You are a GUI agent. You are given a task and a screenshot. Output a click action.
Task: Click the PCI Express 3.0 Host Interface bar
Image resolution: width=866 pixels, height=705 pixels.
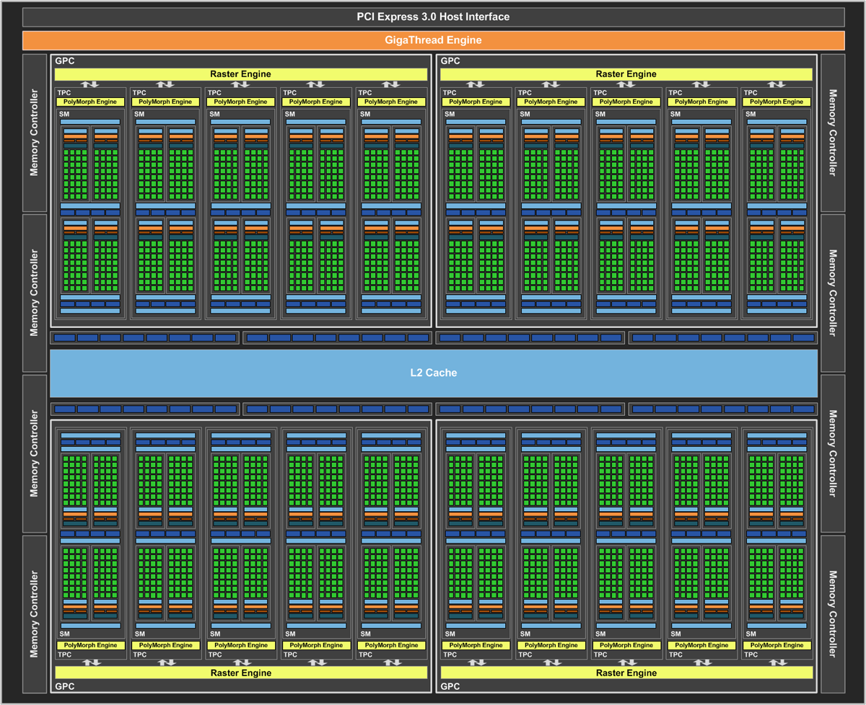coord(434,17)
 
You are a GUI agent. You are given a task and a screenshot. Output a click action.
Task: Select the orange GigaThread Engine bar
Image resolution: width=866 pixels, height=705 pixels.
coord(434,40)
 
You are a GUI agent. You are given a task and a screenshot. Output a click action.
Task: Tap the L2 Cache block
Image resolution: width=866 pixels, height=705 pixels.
coord(434,373)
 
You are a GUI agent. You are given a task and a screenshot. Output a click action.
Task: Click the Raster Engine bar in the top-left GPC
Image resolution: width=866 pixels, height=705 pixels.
coord(241,74)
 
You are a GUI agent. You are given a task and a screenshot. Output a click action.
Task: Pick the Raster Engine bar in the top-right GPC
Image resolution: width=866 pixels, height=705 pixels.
coord(626,74)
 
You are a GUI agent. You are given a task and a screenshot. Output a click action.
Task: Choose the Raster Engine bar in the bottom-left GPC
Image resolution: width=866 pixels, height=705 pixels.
coord(241,673)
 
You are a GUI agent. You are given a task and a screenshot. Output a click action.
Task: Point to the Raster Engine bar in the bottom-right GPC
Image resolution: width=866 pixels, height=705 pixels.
coord(626,673)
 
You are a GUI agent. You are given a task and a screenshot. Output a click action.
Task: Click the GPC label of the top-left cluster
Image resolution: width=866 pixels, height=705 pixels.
coord(65,61)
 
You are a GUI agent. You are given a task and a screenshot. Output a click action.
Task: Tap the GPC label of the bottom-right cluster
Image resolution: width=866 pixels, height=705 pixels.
coord(450,686)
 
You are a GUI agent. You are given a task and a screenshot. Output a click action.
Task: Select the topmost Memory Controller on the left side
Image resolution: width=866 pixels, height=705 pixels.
coord(35,133)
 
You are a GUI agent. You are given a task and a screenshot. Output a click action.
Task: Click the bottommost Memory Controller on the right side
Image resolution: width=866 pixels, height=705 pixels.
coord(833,614)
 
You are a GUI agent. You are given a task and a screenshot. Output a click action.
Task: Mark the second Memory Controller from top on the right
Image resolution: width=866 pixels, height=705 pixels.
coord(833,293)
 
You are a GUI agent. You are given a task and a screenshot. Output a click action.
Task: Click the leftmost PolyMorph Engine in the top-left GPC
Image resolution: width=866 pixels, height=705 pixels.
coord(90,102)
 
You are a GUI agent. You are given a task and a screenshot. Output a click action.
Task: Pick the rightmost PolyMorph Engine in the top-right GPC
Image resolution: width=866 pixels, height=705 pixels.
coord(777,102)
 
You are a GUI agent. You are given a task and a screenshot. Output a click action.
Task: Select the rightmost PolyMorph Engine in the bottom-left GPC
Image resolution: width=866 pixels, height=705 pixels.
coord(392,645)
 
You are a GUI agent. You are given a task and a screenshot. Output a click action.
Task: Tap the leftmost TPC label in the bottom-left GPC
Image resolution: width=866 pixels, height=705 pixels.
coord(65,655)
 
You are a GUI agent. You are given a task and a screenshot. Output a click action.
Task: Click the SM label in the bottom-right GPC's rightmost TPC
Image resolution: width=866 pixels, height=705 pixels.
coord(751,634)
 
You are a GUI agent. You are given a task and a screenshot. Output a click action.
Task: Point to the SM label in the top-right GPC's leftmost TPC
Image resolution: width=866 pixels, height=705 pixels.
coord(450,114)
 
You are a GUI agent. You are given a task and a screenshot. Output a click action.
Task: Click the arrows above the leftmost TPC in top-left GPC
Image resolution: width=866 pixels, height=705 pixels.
coord(90,84)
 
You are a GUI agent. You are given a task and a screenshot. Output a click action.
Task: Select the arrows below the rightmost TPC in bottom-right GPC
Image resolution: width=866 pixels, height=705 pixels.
coord(778,662)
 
